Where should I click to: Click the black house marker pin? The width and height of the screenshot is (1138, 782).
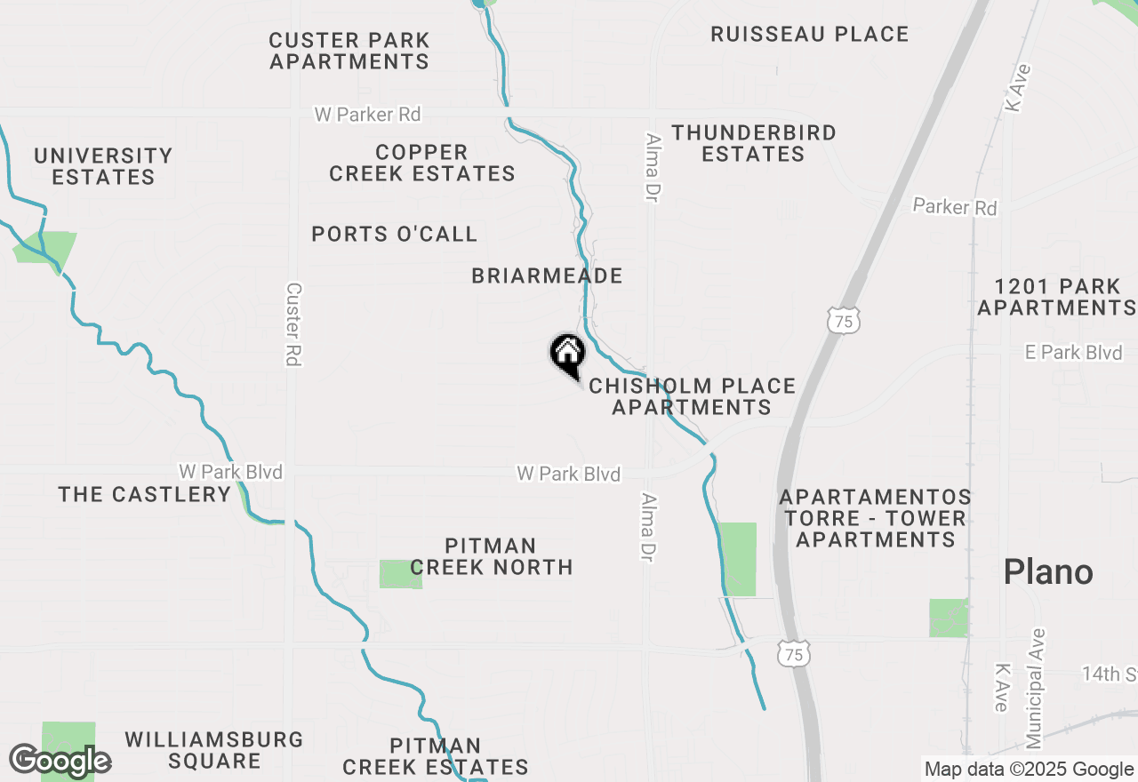(567, 354)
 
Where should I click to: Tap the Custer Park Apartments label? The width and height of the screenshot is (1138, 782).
(349, 51)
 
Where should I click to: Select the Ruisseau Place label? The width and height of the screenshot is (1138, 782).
(810, 34)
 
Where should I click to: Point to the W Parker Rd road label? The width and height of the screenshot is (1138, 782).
(367, 115)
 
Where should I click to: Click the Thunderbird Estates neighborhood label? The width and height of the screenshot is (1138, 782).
(753, 143)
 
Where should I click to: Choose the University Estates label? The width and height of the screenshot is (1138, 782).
(103, 166)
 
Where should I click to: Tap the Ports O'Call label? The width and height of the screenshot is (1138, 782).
(395, 234)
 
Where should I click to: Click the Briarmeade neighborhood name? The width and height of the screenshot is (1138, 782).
(547, 275)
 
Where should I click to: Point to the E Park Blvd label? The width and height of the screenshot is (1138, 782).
(1073, 353)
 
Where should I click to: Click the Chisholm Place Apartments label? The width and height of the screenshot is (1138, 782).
(692, 396)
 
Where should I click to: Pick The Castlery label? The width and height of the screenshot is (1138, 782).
(145, 494)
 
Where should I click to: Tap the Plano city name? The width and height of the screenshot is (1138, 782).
(1048, 571)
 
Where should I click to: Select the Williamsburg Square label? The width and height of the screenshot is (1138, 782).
(213, 750)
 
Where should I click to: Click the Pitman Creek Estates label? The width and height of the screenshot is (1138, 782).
(436, 756)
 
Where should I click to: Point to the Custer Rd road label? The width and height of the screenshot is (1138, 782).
(294, 324)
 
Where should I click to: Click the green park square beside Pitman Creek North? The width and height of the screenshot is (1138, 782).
(400, 574)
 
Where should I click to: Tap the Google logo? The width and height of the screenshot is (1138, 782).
(60, 762)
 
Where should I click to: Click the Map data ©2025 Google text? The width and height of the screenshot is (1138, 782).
(1029, 770)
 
